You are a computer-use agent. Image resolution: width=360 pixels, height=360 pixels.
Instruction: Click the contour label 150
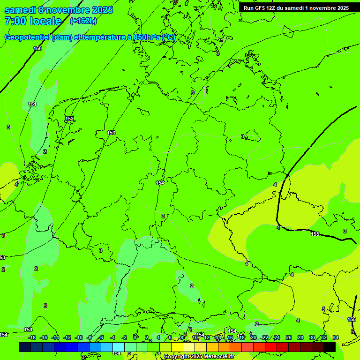[x=37, y=48]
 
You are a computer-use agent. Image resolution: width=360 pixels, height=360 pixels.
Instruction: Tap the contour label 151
[x=32, y=104]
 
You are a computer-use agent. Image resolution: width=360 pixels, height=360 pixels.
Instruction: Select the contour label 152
[x=69, y=119]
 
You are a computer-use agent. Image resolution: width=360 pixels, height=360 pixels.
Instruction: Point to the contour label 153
[x=111, y=133]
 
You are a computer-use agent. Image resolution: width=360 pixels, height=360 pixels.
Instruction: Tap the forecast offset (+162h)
[x=83, y=21]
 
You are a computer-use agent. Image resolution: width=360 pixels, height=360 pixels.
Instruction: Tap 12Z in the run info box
[x=271, y=8]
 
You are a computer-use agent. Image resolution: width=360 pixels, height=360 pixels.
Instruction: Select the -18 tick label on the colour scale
[x=32, y=337]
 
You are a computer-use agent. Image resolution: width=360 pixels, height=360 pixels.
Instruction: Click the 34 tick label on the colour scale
[x=336, y=337]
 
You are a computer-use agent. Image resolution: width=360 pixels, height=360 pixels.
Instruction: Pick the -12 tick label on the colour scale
[x=67, y=337]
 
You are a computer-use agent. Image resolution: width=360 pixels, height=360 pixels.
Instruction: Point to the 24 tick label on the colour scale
[x=277, y=337]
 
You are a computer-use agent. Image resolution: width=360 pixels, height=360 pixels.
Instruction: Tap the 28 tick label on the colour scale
[x=300, y=337]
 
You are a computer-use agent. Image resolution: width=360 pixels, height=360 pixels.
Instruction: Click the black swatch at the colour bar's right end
[x=330, y=347]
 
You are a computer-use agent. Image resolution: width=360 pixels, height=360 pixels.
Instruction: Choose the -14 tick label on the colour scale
[x=55, y=337]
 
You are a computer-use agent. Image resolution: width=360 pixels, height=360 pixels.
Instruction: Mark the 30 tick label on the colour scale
[x=312, y=337]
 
